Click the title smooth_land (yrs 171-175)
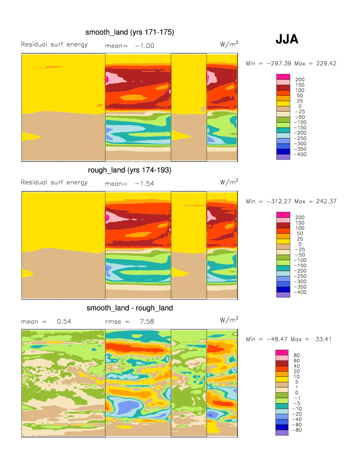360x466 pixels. (129, 32)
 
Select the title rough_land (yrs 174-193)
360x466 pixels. (129, 170)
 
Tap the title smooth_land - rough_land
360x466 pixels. (129, 308)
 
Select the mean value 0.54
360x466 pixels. (64, 321)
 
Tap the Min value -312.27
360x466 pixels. (273, 201)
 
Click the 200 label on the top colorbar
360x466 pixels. (300, 80)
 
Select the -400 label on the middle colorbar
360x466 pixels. (301, 293)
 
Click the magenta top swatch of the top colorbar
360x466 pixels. (283, 76)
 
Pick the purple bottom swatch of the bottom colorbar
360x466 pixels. (283, 433)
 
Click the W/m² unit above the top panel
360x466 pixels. (229, 44)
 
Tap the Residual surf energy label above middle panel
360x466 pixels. (54, 182)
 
